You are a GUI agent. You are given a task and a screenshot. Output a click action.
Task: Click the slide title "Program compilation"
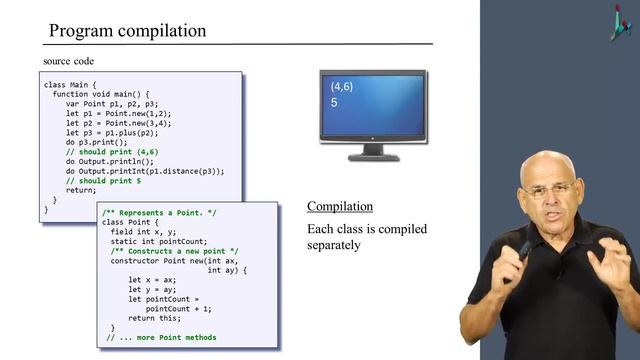(128, 30)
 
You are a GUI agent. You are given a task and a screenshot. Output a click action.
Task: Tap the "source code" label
(67, 62)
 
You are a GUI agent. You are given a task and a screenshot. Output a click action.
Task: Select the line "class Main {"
(72, 84)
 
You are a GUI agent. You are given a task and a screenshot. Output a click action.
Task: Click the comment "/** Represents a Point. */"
(157, 213)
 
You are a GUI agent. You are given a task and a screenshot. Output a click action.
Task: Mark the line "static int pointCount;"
(160, 240)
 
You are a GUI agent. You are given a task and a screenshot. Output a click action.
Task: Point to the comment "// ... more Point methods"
(161, 337)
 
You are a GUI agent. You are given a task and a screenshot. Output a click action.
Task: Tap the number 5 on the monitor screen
(334, 103)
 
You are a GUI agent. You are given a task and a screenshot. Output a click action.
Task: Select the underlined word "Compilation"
(340, 206)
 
